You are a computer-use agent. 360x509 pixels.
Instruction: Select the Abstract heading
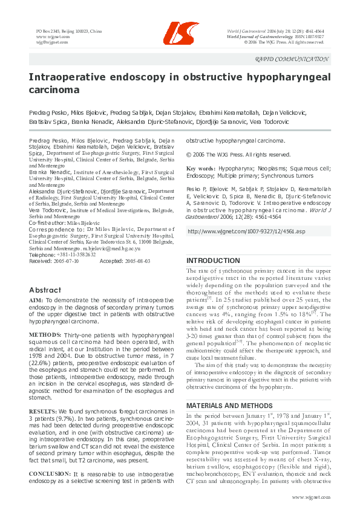(45, 290)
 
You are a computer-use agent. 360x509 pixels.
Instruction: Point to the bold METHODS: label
(45, 334)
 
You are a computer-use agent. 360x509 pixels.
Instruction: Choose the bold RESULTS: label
(44, 412)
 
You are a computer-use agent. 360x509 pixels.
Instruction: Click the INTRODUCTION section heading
(212, 261)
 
